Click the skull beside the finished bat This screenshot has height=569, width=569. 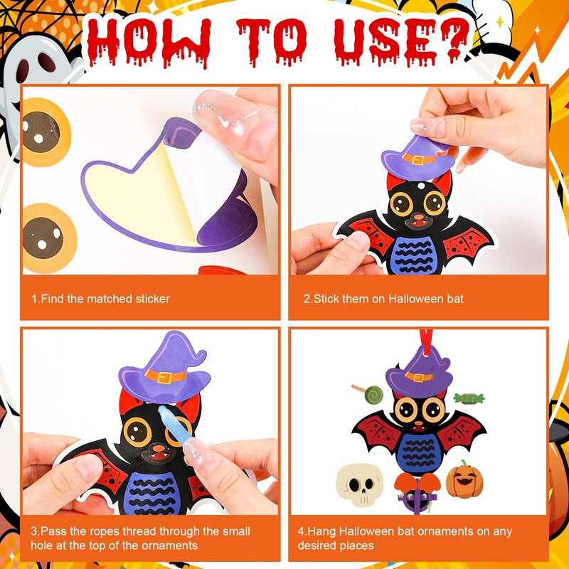(360, 484)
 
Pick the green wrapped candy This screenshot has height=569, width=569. (469, 398)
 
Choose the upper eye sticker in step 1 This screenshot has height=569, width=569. (46, 132)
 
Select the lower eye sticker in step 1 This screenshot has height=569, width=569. (49, 238)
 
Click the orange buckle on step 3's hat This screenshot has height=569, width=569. (165, 377)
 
